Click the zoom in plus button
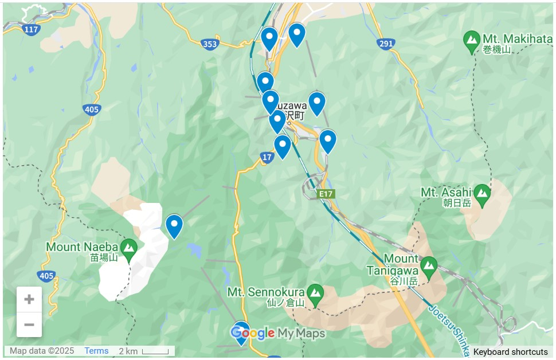click(x=29, y=299)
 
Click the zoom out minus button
click(x=29, y=325)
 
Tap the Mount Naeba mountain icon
click(x=128, y=249)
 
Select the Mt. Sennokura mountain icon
click(x=315, y=294)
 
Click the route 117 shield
click(x=31, y=28)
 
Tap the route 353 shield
click(x=210, y=44)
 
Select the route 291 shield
click(x=386, y=44)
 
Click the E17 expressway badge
click(x=326, y=194)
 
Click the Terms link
click(x=96, y=351)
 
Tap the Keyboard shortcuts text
click(x=510, y=352)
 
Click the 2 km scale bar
click(x=144, y=351)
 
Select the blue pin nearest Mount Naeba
click(x=174, y=225)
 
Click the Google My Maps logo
click(x=278, y=333)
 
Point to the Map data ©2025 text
click(x=42, y=351)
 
